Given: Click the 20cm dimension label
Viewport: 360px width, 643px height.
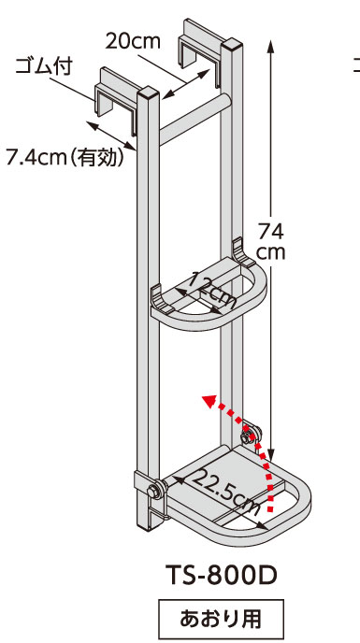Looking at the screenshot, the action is pyautogui.click(x=133, y=41).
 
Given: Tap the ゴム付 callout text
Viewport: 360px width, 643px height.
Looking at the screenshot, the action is pyautogui.click(x=44, y=66).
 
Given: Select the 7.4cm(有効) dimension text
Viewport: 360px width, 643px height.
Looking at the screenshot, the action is pyautogui.click(x=65, y=157).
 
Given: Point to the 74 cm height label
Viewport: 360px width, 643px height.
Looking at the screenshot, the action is pyautogui.click(x=270, y=242).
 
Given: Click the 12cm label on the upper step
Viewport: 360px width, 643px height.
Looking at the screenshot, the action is pyautogui.click(x=211, y=291).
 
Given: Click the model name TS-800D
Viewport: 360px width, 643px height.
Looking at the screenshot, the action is pyautogui.click(x=222, y=575).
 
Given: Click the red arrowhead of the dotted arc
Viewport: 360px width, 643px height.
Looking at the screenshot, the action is pyautogui.click(x=210, y=401).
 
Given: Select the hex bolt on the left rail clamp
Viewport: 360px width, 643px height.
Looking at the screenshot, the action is pyautogui.click(x=154, y=491).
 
